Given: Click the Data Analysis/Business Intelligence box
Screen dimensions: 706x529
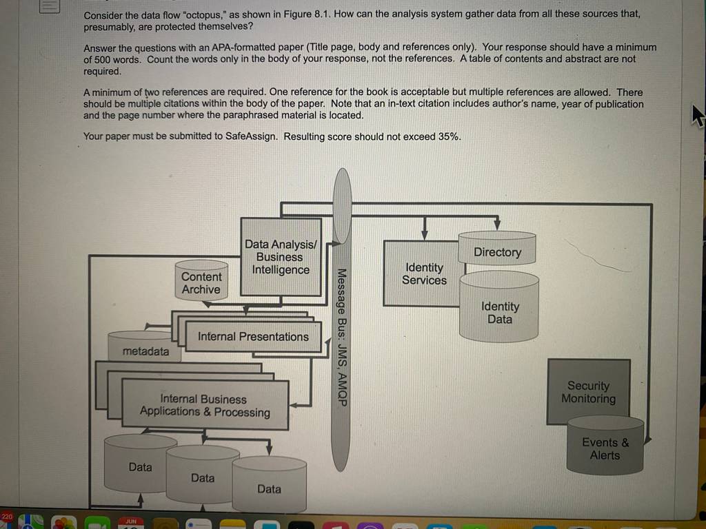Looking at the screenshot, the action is (x=281, y=257).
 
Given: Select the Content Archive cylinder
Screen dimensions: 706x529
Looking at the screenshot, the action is (x=201, y=280).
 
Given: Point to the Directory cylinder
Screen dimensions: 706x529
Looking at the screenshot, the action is (x=497, y=248).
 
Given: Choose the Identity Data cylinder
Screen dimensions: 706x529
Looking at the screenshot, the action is (x=499, y=307).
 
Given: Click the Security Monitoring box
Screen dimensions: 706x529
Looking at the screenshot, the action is (x=588, y=391).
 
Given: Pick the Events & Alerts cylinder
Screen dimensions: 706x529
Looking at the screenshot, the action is (x=605, y=445).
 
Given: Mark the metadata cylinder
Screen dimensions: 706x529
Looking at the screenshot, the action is (x=145, y=346).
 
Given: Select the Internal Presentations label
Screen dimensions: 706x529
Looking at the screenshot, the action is (x=253, y=336).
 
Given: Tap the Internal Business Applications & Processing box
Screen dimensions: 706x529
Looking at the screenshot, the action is (x=205, y=404).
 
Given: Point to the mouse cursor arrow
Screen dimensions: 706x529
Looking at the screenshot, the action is (x=698, y=116).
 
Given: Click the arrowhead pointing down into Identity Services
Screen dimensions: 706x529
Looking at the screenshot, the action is (x=424, y=236).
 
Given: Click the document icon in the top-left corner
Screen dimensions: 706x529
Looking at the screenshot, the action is (x=50, y=6).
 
